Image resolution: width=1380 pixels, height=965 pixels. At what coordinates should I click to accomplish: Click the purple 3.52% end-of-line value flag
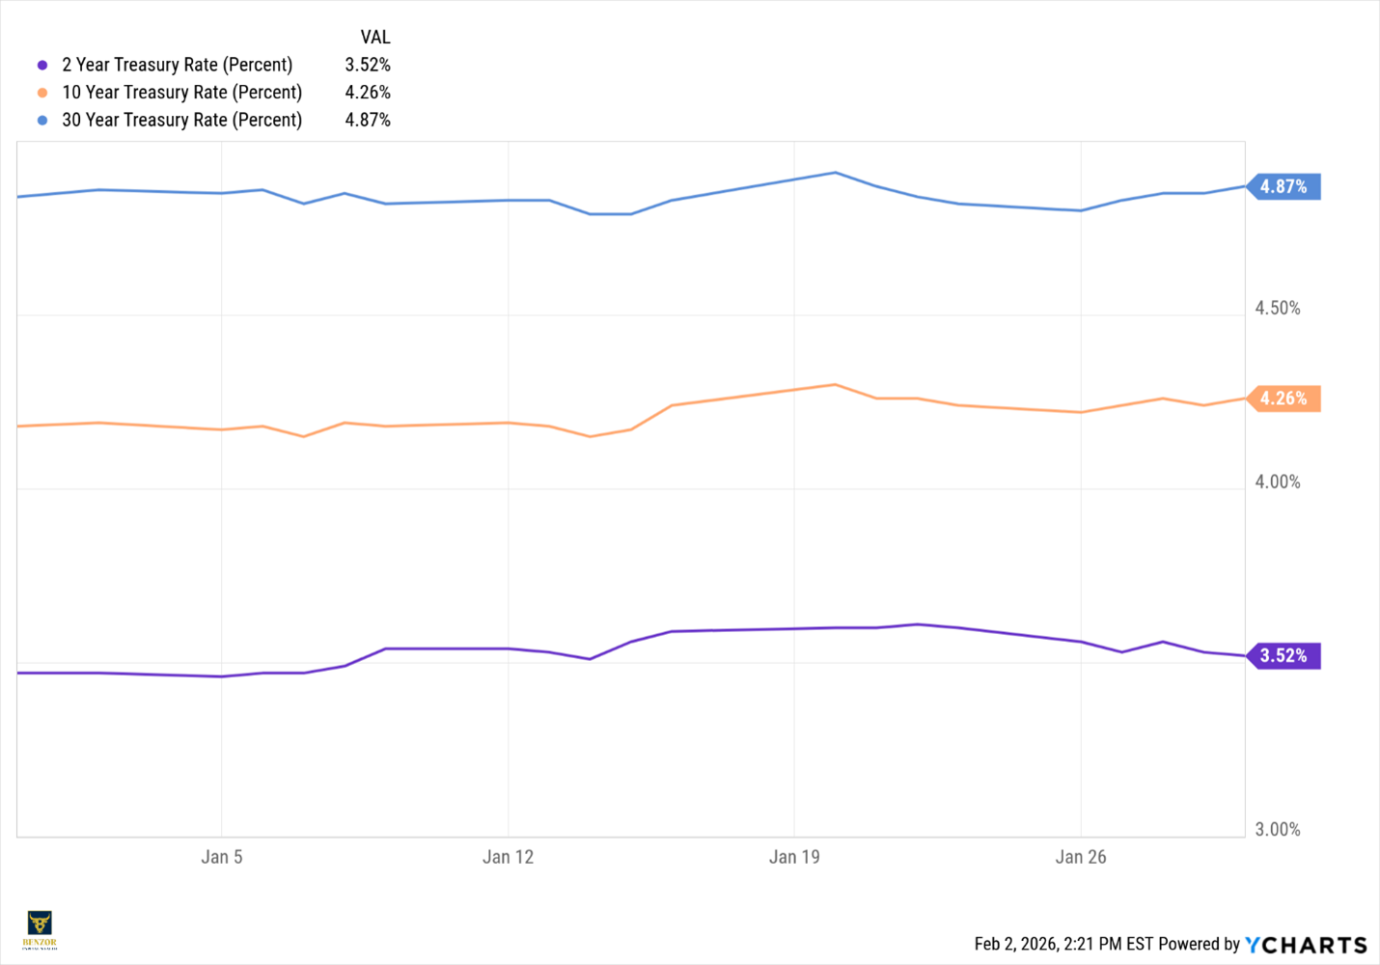(1283, 656)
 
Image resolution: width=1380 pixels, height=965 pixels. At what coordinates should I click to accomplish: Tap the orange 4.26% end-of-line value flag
(1283, 399)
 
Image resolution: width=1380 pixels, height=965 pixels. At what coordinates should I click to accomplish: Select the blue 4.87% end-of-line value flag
(1283, 186)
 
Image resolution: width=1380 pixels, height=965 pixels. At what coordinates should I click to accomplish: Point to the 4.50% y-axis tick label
(1277, 308)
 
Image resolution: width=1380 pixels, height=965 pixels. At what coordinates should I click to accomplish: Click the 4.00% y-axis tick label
(1277, 482)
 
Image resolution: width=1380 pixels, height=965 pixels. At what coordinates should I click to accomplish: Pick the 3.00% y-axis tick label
(1277, 829)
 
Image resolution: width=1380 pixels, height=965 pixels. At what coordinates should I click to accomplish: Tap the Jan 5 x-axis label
(222, 857)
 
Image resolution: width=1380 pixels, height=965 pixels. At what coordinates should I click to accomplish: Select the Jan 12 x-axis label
(508, 857)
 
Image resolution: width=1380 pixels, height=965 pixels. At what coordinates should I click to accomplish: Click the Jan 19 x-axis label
(794, 857)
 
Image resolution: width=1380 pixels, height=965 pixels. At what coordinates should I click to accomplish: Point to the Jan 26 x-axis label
(1081, 857)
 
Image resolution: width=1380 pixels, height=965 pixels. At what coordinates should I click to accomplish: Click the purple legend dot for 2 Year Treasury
(42, 66)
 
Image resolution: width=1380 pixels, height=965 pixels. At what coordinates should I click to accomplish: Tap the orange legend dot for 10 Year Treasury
(42, 93)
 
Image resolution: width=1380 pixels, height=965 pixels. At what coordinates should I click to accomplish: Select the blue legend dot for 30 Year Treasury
(42, 121)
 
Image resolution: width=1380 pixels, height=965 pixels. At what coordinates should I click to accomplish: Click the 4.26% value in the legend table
(368, 93)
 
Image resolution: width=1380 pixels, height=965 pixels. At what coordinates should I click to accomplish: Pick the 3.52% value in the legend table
(368, 65)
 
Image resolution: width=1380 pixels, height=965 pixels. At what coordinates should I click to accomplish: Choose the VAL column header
(375, 38)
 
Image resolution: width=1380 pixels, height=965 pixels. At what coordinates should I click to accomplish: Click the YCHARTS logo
(1306, 945)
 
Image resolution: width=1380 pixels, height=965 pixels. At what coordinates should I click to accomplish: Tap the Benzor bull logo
(40, 928)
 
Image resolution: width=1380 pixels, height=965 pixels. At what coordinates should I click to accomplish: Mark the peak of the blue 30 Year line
(836, 173)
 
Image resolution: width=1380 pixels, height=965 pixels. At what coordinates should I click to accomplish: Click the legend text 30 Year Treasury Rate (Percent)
(182, 120)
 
